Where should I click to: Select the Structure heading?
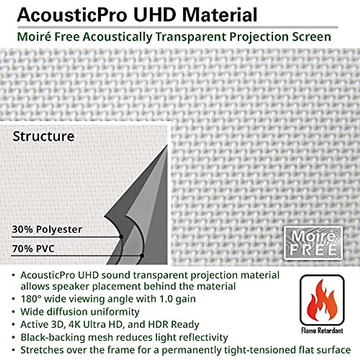(x=43, y=136)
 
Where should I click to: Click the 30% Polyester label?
(x=47, y=229)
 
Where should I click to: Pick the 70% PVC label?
(x=33, y=249)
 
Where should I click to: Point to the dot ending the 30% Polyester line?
(x=121, y=237)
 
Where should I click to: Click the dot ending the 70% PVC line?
(x=142, y=256)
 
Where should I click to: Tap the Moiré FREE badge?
(x=313, y=243)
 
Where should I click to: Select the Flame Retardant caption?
(x=322, y=331)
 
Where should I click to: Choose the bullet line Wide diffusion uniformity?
(x=80, y=312)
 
